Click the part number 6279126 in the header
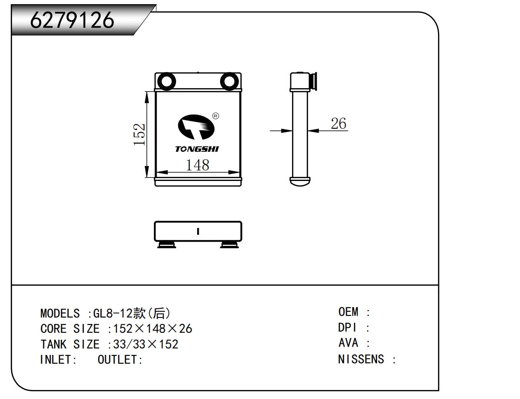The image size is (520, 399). (x=72, y=20)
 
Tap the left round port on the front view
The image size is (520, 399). (x=166, y=81)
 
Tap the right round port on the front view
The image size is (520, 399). (x=229, y=81)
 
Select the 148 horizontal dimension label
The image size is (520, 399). (x=198, y=165)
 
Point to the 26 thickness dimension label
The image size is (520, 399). (x=339, y=123)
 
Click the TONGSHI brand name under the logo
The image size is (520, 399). (x=197, y=149)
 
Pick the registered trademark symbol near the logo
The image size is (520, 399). (x=215, y=116)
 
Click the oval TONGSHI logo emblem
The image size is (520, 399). (x=196, y=127)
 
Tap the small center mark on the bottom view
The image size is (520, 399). (x=198, y=231)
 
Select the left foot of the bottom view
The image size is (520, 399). (x=167, y=245)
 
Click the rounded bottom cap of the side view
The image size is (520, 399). (x=299, y=181)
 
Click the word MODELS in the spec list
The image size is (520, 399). (x=60, y=313)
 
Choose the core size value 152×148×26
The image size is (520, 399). (x=153, y=329)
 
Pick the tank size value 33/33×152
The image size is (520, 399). (x=146, y=344)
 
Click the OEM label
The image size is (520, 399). (x=348, y=312)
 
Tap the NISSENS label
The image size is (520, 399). (x=361, y=359)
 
